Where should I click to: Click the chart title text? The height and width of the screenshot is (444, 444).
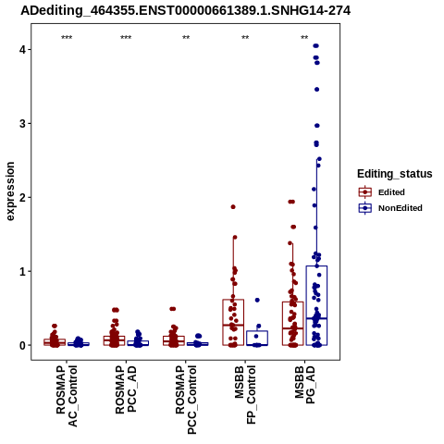pyautogui.click(x=186, y=11)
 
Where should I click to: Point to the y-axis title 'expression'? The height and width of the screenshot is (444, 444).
pyautogui.click(x=10, y=191)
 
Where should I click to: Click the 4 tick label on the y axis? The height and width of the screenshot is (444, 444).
pyautogui.click(x=22, y=49)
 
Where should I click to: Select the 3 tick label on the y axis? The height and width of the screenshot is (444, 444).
pyautogui.click(x=22, y=123)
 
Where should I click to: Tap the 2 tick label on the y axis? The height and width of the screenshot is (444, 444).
pyautogui.click(x=22, y=197)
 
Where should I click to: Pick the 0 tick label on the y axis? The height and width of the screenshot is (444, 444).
pyautogui.click(x=22, y=345)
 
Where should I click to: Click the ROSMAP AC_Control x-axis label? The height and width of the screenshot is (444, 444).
pyautogui.click(x=67, y=396)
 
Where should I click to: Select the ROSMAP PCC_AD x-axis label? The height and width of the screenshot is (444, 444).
pyautogui.click(x=126, y=389)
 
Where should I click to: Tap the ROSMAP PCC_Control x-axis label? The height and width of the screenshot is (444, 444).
pyautogui.click(x=186, y=400)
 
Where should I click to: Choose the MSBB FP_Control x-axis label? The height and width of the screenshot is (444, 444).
pyautogui.click(x=245, y=395)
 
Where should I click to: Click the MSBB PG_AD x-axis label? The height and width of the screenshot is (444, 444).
pyautogui.click(x=304, y=385)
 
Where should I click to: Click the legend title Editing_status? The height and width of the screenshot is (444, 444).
pyautogui.click(x=395, y=174)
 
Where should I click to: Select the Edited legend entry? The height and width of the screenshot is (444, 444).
pyautogui.click(x=382, y=192)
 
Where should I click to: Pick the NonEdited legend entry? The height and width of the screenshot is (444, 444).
pyautogui.click(x=390, y=208)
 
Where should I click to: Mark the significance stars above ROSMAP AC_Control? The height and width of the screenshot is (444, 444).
pyautogui.click(x=67, y=38)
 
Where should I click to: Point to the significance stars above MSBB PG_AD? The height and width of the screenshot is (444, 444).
pyautogui.click(x=304, y=38)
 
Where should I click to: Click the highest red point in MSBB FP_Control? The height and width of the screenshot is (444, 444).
pyautogui.click(x=233, y=207)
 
